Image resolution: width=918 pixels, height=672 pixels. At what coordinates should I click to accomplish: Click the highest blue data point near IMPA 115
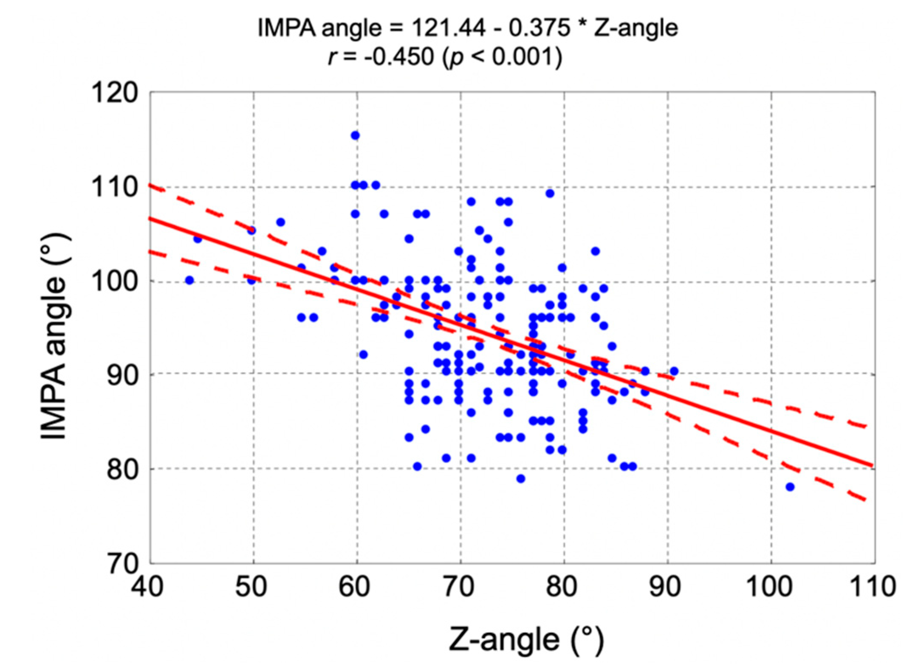point(355,135)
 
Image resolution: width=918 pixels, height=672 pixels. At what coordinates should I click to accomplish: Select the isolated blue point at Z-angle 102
point(790,487)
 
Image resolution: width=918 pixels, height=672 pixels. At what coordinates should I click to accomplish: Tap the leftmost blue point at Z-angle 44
point(189,280)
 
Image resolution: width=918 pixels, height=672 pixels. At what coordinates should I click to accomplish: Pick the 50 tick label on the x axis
point(251,587)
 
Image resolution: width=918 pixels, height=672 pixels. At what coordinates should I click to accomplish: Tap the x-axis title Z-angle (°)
point(526,640)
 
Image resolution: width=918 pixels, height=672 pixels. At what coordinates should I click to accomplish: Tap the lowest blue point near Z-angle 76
point(521,479)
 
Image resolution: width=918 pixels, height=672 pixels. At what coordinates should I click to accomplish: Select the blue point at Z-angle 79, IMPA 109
point(550,194)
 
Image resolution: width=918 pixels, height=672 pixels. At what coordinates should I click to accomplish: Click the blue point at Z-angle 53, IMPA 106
point(280,222)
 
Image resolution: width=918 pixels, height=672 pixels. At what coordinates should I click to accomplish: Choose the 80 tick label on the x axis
point(562,587)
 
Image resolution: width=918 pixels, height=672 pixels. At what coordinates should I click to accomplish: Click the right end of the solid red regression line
point(872,465)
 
